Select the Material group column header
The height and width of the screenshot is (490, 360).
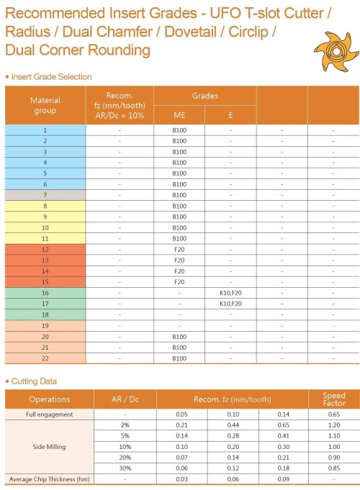[45, 105]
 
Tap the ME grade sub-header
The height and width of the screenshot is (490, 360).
[179, 115]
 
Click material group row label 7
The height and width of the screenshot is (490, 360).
[45, 195]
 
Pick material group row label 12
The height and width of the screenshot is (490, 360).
[45, 249]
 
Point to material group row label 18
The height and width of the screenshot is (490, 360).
[45, 314]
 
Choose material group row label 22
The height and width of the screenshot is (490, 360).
[45, 358]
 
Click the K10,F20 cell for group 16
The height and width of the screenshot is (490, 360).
[230, 293]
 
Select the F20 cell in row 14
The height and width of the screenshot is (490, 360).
[179, 271]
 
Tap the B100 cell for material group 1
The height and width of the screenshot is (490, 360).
[179, 130]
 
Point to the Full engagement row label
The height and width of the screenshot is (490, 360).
[49, 414]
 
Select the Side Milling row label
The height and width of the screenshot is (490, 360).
[49, 447]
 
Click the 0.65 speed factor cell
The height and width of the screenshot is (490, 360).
[333, 414]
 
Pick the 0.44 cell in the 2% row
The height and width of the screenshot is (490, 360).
[233, 425]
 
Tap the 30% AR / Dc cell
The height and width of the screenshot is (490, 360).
[125, 468]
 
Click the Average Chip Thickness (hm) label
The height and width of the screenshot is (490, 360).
[49, 479]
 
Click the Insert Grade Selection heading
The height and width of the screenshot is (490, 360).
[50, 76]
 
